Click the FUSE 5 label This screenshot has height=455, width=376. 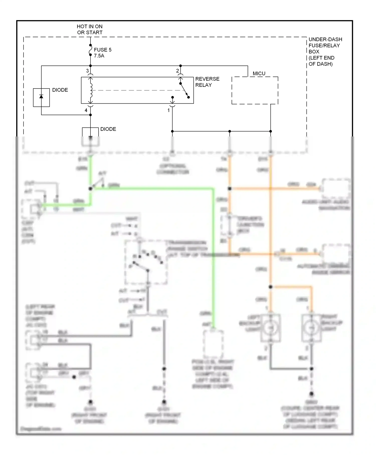(103, 50)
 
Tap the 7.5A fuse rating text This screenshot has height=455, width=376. (99, 56)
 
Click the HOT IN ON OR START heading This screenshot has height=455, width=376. (89, 29)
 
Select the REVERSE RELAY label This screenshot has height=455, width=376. (207, 82)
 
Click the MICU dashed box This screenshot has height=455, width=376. (255, 90)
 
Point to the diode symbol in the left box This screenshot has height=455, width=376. (41, 97)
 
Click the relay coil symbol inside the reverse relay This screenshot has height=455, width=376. (91, 90)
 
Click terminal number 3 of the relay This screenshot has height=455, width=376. (87, 71)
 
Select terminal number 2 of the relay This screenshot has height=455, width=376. (177, 71)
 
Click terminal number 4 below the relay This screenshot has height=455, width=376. (86, 110)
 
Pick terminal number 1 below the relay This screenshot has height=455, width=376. (168, 110)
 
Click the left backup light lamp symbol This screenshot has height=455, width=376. (270, 328)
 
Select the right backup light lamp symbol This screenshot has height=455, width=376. (311, 328)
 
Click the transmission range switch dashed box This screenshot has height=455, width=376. (146, 262)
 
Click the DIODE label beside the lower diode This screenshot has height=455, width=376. (108, 129)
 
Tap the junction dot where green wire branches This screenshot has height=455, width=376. (90, 189)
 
